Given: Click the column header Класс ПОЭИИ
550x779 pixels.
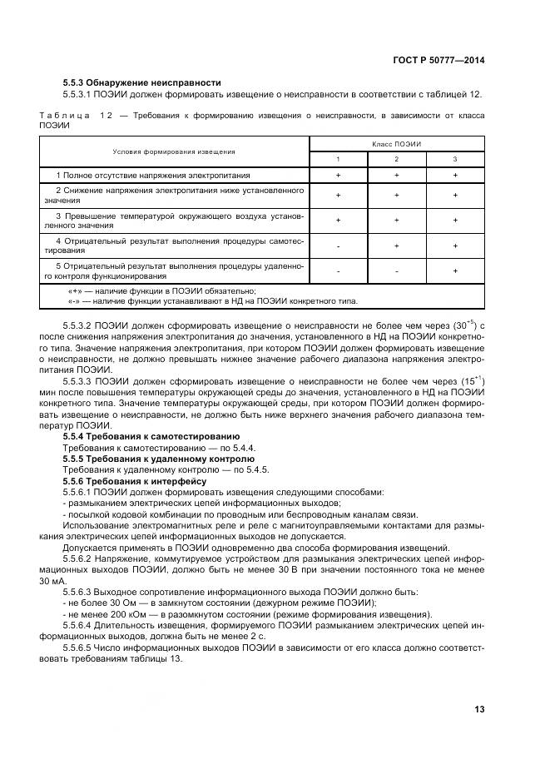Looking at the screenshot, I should pyautogui.click(x=396, y=144).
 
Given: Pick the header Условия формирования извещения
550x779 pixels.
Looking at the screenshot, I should pyautogui.click(x=175, y=151).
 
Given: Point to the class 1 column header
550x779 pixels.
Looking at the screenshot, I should pyautogui.click(x=338, y=159).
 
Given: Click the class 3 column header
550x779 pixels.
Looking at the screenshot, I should pyautogui.click(x=455, y=159).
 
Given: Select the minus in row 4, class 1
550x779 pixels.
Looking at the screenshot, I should pyautogui.click(x=338, y=246).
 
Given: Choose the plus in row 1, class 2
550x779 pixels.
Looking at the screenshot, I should pyautogui.click(x=396, y=176).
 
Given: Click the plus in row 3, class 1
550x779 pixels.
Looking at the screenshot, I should pyautogui.click(x=338, y=221).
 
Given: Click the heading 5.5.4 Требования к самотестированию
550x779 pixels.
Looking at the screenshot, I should pyautogui.click(x=151, y=435).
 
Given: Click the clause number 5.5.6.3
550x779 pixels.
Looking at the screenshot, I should pyautogui.click(x=79, y=591).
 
